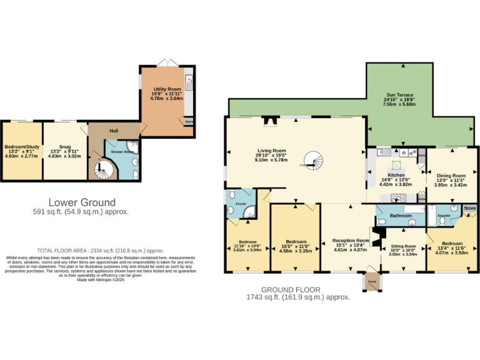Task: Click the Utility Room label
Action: tap(166, 89)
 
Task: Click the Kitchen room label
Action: tap(392, 176)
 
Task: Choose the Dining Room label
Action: tap(451, 176)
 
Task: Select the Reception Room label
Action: tap(351, 240)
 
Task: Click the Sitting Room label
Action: tap(402, 246)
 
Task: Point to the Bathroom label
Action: tap(401, 216)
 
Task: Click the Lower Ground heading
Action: tap(82, 202)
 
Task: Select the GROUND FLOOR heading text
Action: tap(291, 290)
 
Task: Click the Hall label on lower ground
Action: tap(114, 131)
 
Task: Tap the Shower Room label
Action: tap(122, 152)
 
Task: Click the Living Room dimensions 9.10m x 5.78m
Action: tap(271, 160)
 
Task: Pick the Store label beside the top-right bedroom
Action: tap(469, 207)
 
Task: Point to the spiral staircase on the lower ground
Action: tap(102, 169)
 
